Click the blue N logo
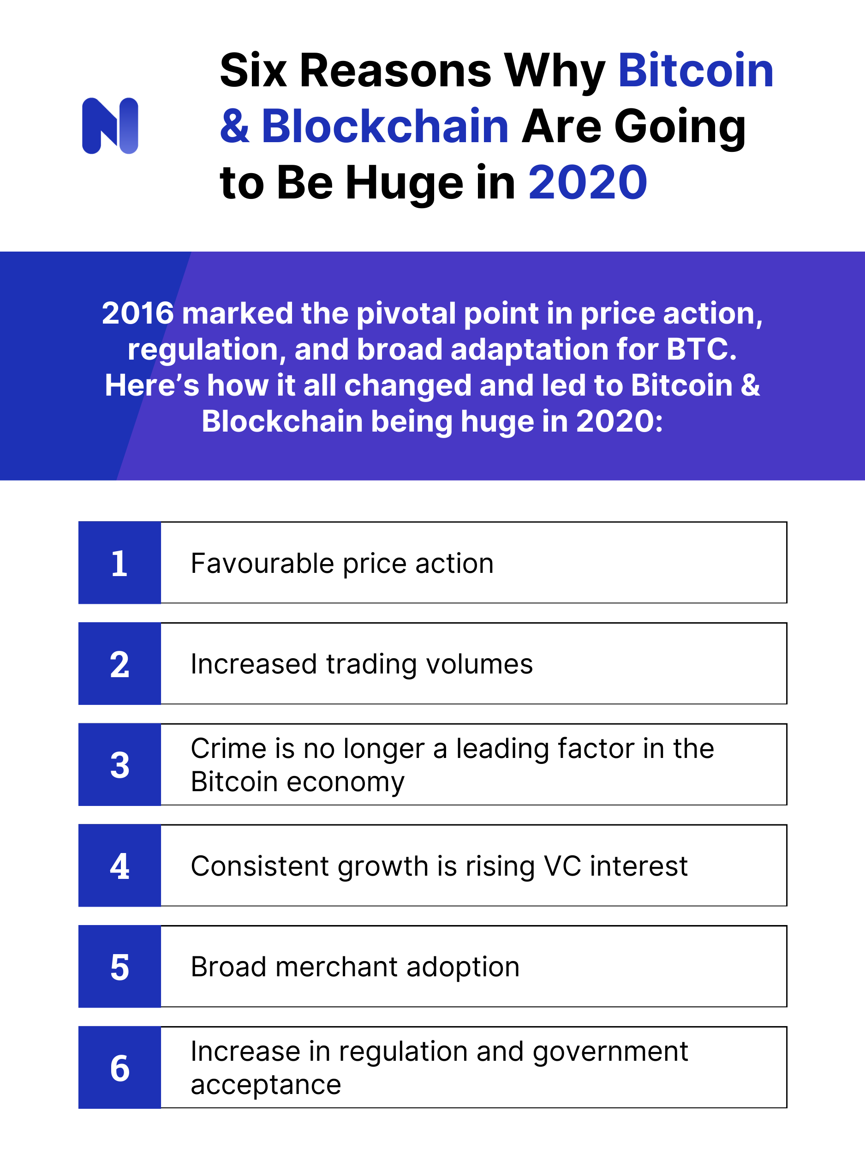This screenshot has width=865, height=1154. (110, 126)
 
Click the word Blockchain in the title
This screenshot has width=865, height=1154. (385, 126)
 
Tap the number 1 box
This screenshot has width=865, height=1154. (119, 563)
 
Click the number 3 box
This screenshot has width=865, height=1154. (119, 765)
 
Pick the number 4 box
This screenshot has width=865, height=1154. (119, 865)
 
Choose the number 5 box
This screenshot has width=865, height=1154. (119, 967)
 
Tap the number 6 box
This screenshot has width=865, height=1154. (119, 1067)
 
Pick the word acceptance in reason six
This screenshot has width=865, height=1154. (265, 1085)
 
